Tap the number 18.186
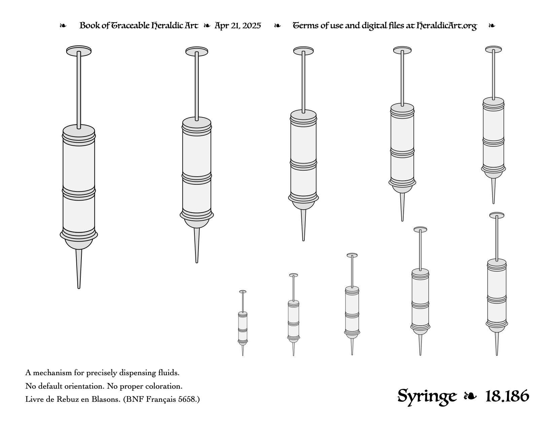[507, 396]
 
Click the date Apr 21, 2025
[237, 26]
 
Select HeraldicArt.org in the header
[446, 26]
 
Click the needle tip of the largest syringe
[79, 288]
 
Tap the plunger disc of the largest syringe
[79, 50]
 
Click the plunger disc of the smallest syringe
[243, 291]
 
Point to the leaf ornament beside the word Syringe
[470, 396]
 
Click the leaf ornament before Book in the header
[63, 26]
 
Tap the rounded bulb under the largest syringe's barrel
[79, 244]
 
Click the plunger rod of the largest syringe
[79, 90]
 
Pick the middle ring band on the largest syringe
[79, 194]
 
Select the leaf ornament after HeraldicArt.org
[492, 26]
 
